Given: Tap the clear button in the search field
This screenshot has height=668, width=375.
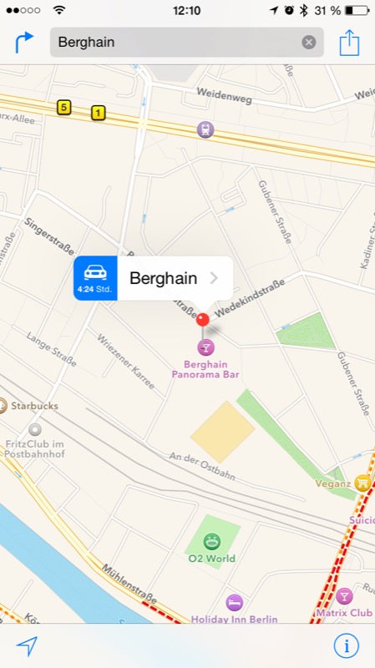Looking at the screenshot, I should click(309, 43).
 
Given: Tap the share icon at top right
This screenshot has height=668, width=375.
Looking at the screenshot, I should click(349, 42).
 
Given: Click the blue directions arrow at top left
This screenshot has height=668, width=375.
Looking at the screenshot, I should click(24, 42).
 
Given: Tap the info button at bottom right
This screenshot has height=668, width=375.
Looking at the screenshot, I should click(346, 645).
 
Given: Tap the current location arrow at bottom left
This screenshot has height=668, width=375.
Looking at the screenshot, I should click(27, 645).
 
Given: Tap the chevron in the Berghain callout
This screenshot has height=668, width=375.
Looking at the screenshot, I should click(215, 278).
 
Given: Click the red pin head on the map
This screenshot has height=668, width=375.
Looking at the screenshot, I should click(203, 319).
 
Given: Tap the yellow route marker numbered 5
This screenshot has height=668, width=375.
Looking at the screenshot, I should click(63, 107).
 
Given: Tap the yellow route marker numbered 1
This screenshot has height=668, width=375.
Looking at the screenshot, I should click(99, 113).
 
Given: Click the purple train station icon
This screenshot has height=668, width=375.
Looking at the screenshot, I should click(205, 129).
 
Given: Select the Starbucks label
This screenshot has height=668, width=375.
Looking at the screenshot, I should click(35, 406).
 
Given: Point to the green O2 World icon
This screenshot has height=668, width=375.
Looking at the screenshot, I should click(211, 541).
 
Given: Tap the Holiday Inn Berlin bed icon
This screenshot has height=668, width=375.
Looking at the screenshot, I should click(235, 602).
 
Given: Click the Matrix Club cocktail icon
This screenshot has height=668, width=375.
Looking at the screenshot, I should click(344, 596).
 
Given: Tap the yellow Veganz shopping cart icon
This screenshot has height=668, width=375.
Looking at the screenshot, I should click(362, 482).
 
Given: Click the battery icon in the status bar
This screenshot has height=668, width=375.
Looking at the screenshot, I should click(357, 10).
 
